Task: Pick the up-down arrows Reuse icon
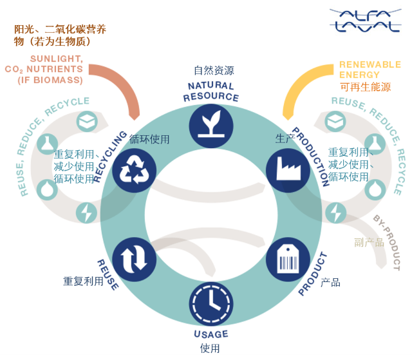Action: pyautogui.click(x=135, y=259)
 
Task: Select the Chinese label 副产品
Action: pyautogui.click(x=369, y=242)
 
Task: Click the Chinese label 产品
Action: pyautogui.click(x=330, y=282)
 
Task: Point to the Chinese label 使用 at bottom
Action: pyautogui.click(x=210, y=348)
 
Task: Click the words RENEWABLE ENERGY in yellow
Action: pyautogui.click(x=369, y=70)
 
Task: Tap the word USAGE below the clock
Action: pyautogui.click(x=211, y=334)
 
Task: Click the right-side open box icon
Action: pyautogui.click(x=335, y=121)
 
